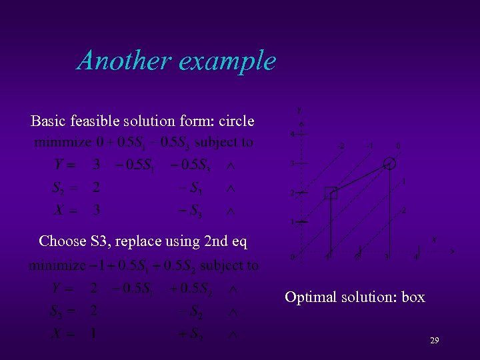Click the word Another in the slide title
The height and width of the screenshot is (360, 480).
123,61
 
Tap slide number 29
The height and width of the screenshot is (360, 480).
434,341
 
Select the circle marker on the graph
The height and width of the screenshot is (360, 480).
390,164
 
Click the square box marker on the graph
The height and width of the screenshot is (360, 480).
331,193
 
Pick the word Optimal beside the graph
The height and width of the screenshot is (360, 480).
311,297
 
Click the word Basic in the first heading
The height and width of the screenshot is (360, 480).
47,121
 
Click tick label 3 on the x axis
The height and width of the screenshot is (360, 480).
386,256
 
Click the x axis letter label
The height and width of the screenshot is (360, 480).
434,239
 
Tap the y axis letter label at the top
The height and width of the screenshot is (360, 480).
299,109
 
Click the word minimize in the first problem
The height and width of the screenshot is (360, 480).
63,142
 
